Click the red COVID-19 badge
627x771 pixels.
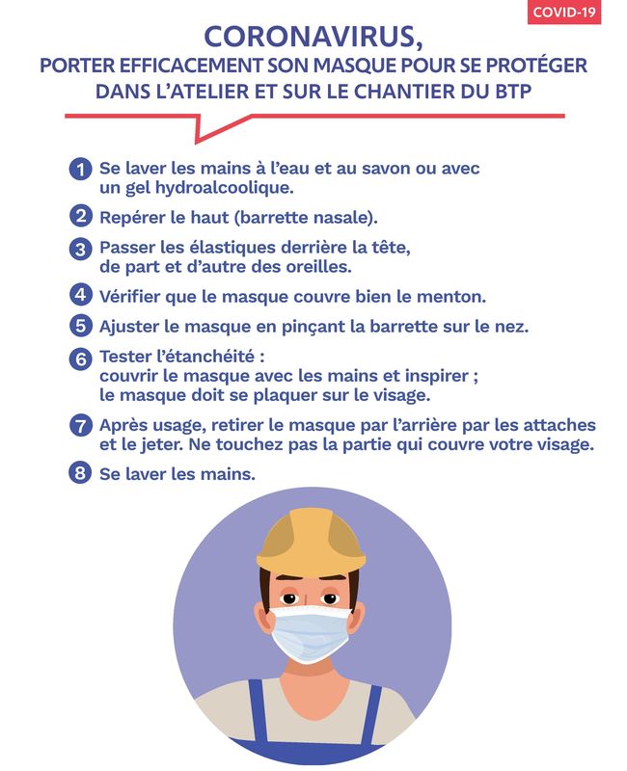[564, 12]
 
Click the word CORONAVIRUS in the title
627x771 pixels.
[310, 38]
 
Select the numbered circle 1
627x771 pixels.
[80, 170]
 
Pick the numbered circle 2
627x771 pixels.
[80, 216]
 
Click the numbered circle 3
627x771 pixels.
[80, 249]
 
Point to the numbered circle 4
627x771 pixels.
[80, 295]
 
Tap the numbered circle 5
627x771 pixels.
[80, 326]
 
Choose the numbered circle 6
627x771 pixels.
[80, 359]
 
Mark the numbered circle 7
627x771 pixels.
[80, 425]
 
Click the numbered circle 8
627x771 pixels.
[80, 473]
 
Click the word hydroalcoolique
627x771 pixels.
[225, 188]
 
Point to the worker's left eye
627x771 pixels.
[329, 598]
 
